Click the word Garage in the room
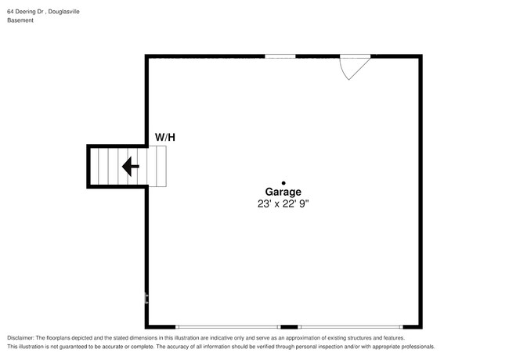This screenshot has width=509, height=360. click(x=283, y=192)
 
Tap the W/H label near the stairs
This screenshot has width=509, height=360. click(x=164, y=138)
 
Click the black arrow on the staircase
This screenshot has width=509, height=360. click(x=130, y=166)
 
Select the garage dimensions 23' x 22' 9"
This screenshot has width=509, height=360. click(x=283, y=203)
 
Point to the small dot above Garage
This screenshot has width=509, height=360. click(x=283, y=182)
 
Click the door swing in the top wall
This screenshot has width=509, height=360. click(x=352, y=66)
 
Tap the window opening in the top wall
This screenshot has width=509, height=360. click(x=280, y=56)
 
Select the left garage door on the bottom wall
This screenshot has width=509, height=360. click(x=228, y=326)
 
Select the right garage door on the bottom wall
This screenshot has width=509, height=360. click(x=350, y=326)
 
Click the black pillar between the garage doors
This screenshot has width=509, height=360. click(x=289, y=326)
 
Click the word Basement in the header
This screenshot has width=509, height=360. click(x=21, y=21)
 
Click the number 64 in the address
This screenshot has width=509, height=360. click(x=10, y=12)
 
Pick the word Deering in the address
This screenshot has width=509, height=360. click(x=26, y=12)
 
